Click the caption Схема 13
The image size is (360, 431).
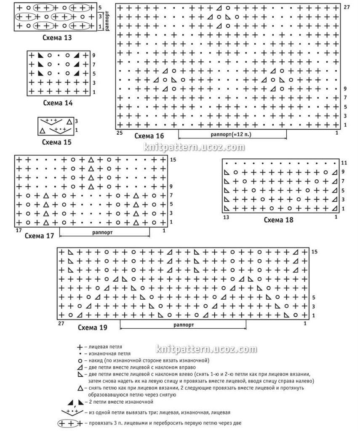click(57, 37)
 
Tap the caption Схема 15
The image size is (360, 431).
click(56, 142)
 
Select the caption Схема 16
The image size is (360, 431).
click(149, 136)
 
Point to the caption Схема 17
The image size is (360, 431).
click(39, 236)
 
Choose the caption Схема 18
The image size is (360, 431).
click(278, 219)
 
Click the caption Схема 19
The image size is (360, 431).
click(92, 327)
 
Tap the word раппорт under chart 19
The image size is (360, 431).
click(183, 325)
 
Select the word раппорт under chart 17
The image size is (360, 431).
click(101, 232)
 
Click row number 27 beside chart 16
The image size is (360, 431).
click(346, 8)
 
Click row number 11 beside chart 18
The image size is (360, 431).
click(344, 162)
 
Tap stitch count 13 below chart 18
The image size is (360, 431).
click(227, 217)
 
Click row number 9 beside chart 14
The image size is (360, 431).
click(94, 55)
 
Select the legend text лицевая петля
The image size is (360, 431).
click(103, 347)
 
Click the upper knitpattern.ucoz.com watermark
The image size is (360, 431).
click(194, 147)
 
